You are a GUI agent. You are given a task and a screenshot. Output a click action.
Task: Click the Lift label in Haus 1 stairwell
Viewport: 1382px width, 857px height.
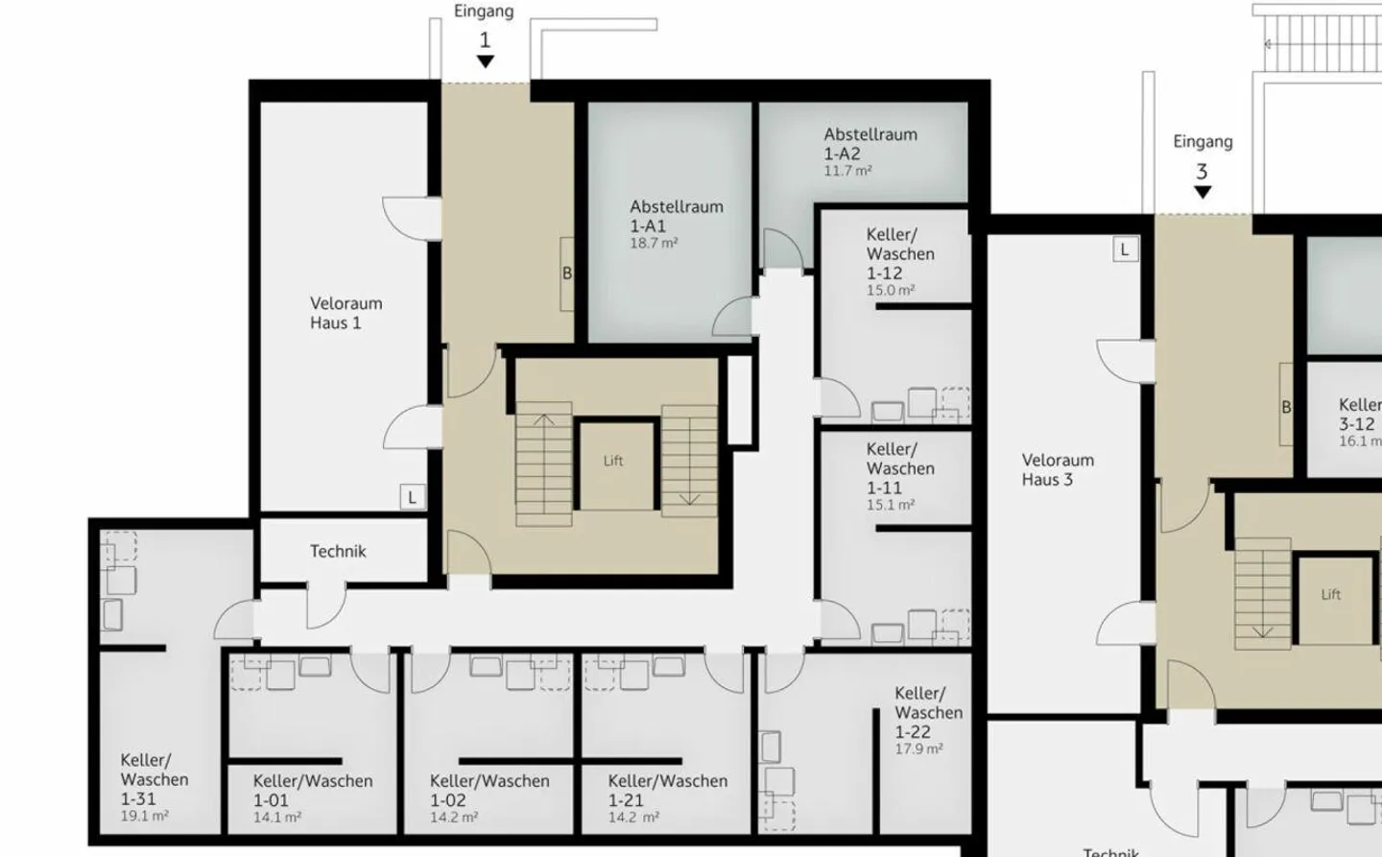[613, 462]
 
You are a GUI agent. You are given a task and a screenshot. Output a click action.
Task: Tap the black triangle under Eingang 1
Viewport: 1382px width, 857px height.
[486, 61]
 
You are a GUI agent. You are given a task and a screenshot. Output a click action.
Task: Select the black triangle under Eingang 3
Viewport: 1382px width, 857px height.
[1202, 192]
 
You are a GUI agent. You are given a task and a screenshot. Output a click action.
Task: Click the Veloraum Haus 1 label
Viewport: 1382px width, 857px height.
[345, 313]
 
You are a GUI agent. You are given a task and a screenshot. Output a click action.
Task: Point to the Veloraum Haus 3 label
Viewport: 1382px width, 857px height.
[1057, 470]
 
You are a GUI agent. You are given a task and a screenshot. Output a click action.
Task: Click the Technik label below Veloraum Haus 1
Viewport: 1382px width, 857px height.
[338, 552]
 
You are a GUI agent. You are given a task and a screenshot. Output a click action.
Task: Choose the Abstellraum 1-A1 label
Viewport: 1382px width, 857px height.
[676, 216]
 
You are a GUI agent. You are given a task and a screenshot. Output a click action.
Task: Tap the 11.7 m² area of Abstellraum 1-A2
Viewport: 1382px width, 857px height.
[847, 172]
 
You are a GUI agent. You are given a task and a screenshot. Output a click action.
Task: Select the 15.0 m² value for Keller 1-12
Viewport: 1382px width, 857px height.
[891, 291]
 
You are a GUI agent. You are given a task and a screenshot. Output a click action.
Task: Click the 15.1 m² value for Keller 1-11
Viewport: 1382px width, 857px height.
[891, 505]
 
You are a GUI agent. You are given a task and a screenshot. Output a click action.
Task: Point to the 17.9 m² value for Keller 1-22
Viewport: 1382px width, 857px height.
[918, 750]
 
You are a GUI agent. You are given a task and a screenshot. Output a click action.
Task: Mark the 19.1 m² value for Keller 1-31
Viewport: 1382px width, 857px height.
[144, 817]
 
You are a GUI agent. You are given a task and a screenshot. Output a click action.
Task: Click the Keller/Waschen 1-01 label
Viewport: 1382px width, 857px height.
[312, 791]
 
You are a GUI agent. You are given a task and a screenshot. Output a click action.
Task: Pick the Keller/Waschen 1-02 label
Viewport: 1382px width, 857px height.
[488, 791]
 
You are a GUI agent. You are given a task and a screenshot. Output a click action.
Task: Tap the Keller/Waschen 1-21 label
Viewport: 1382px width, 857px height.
[667, 791]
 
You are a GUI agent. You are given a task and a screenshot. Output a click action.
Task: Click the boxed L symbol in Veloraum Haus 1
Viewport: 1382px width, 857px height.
[413, 497]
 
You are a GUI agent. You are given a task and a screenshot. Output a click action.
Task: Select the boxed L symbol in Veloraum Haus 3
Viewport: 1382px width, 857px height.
[1125, 250]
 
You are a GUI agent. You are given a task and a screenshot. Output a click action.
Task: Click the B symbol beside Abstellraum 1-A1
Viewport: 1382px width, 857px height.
[566, 274]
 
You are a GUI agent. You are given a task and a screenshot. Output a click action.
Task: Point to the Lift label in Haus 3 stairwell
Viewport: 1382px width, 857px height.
[1330, 595]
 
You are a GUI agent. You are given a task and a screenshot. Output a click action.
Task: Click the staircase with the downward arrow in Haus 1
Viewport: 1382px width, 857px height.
[688, 461]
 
